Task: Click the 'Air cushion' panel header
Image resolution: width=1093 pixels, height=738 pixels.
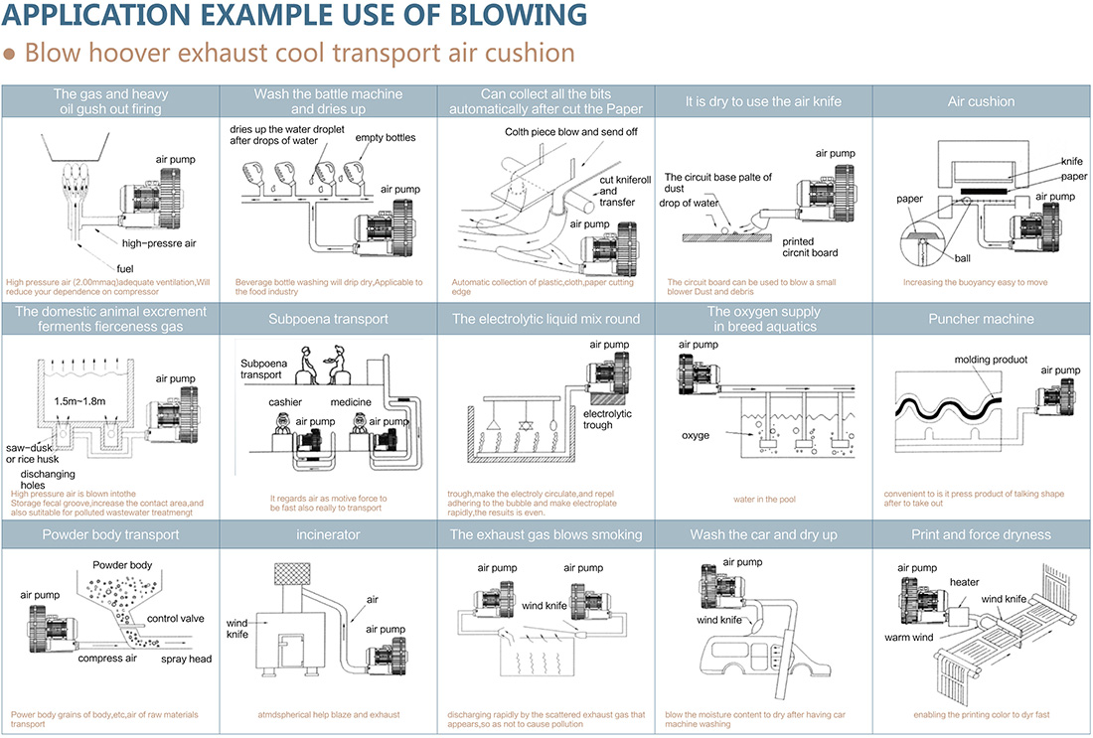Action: [x=981, y=101]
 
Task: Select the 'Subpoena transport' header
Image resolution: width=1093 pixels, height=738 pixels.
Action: [x=328, y=319]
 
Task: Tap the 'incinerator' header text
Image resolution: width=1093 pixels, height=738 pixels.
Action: [x=328, y=534]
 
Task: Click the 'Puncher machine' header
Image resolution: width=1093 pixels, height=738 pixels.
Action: [x=981, y=319]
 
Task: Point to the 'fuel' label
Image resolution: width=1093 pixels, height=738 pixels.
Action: [x=125, y=268]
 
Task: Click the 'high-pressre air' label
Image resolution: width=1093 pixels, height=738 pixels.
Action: [x=159, y=243]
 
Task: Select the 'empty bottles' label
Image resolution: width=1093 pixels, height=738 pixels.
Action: [x=386, y=137]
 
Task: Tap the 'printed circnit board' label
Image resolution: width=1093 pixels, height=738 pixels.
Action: [x=810, y=247]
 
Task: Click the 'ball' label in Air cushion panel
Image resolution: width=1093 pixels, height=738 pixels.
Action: [x=963, y=258]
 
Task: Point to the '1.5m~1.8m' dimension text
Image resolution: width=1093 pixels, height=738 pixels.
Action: [x=79, y=401]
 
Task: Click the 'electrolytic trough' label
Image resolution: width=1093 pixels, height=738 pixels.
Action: [x=607, y=419]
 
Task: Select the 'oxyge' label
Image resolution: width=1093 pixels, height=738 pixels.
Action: [x=695, y=436]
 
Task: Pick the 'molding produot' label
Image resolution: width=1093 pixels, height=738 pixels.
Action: [x=991, y=360]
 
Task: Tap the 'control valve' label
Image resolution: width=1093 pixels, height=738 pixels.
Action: [x=176, y=618]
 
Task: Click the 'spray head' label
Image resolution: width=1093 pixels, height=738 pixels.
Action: [x=186, y=659]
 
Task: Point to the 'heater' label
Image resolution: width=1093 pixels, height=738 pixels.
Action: [x=964, y=582]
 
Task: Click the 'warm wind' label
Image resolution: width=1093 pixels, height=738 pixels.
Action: [x=908, y=637]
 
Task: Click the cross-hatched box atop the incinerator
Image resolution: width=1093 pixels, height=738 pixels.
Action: [x=292, y=573]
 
